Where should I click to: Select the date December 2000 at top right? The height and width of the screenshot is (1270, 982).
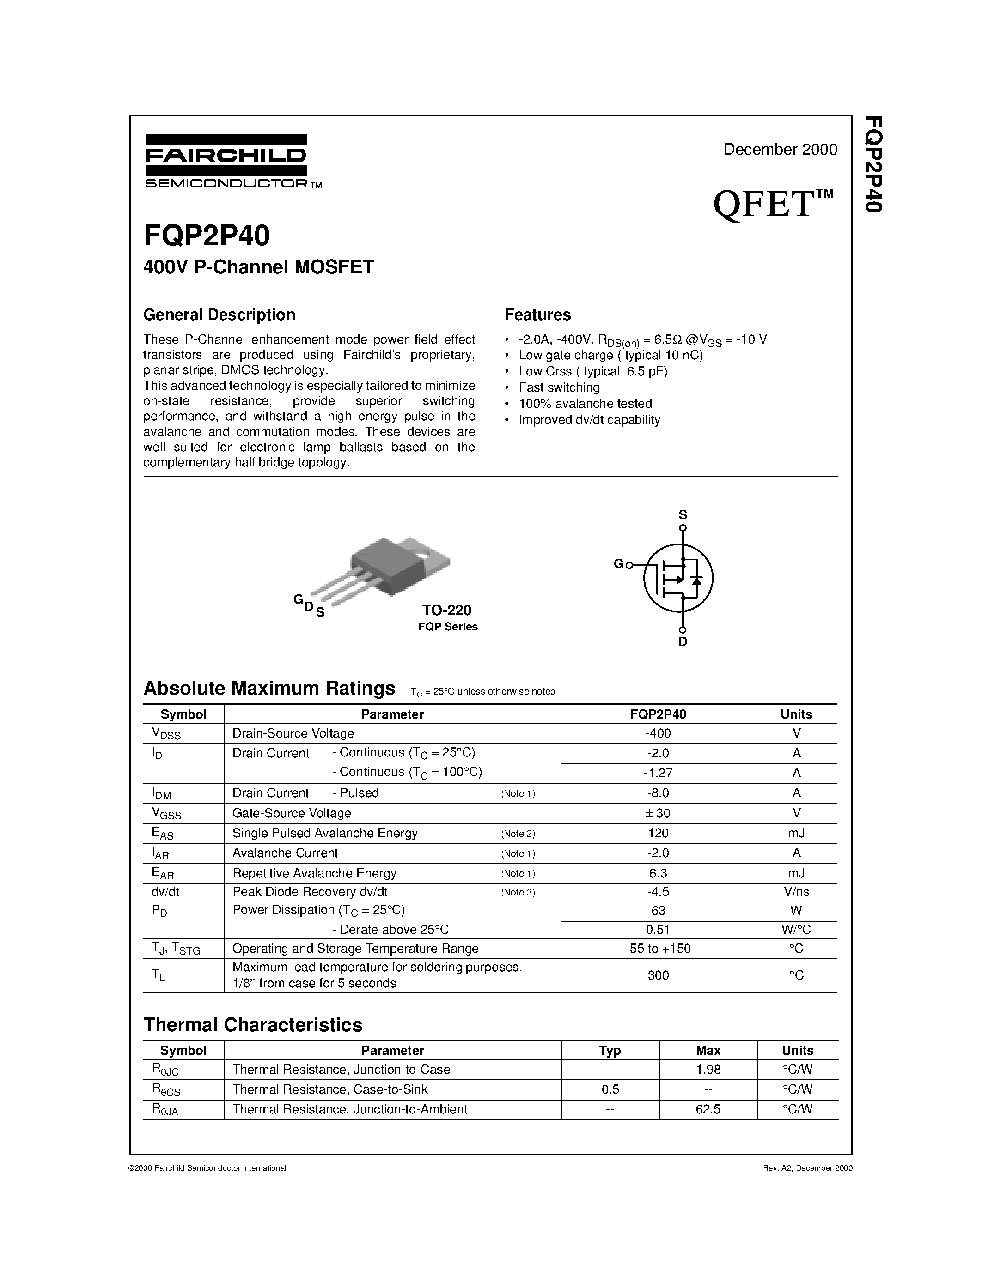click(780, 150)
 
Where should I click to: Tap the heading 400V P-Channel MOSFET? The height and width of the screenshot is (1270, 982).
click(259, 267)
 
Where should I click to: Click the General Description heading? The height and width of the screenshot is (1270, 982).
click(220, 314)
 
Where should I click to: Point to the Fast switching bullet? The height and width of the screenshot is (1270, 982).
click(559, 387)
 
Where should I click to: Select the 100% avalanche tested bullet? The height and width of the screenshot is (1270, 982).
click(585, 404)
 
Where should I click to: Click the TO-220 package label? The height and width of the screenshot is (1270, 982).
click(446, 610)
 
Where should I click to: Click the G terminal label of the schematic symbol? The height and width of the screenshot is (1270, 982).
click(618, 563)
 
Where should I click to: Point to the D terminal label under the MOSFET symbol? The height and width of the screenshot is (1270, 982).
click(683, 642)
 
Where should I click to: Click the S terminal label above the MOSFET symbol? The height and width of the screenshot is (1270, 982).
click(683, 514)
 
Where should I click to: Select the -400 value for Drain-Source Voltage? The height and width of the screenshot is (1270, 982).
click(658, 733)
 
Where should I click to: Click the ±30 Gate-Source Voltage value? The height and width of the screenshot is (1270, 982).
click(658, 813)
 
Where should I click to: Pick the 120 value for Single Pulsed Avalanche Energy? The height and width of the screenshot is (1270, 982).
click(658, 833)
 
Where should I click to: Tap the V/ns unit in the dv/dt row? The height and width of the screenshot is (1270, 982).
click(796, 891)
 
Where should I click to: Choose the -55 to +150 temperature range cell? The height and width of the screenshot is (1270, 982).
click(658, 949)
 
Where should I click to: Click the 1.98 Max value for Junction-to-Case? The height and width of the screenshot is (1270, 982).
click(708, 1070)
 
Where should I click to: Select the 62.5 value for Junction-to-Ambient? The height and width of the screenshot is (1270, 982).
click(708, 1109)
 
